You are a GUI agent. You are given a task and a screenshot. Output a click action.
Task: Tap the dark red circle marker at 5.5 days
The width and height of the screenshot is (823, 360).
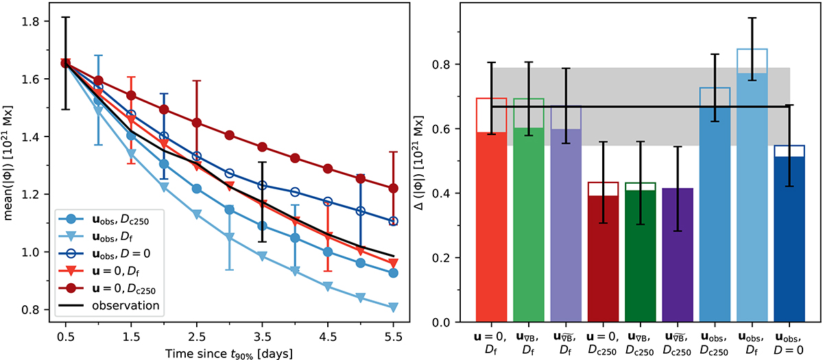pyautogui.click(x=392, y=188)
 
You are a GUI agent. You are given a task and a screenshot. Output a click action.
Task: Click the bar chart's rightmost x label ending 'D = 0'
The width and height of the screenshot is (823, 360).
pyautogui.click(x=789, y=343)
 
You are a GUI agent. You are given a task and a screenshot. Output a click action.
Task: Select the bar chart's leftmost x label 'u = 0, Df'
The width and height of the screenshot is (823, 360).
pyautogui.click(x=491, y=343)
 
